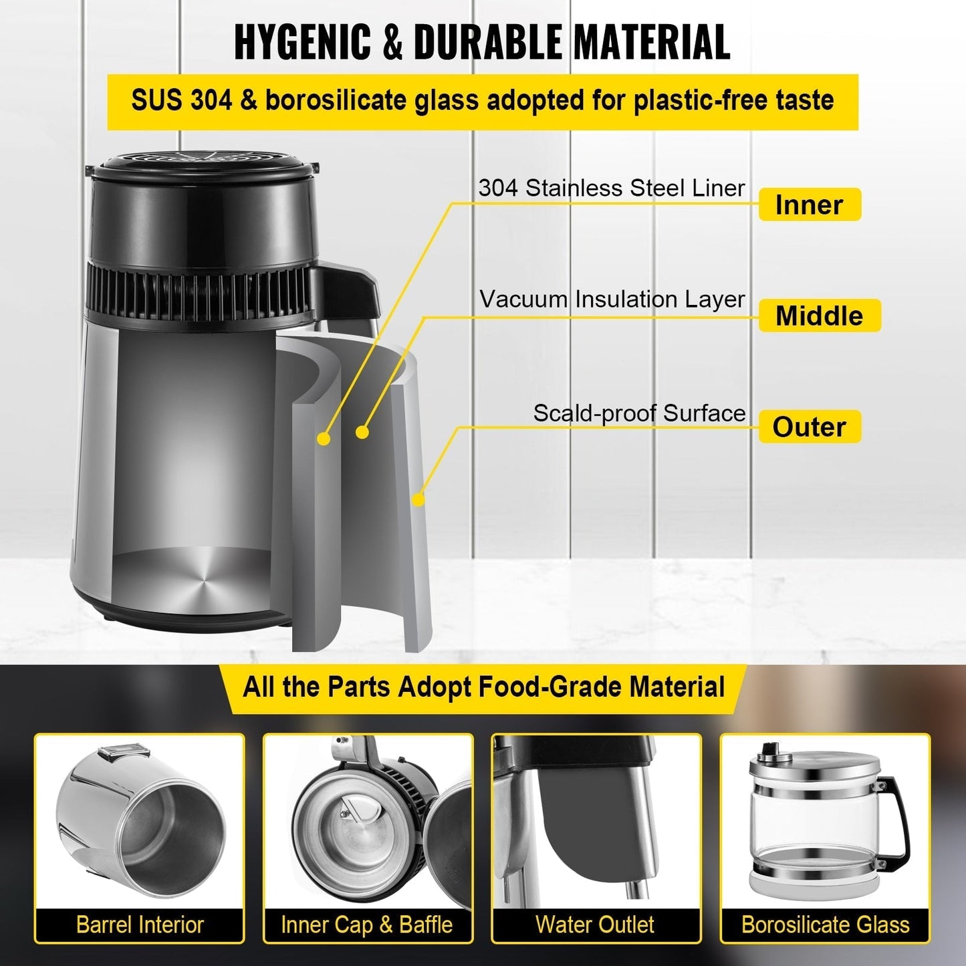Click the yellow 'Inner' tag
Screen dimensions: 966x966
coord(809,205)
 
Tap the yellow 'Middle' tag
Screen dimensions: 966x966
coord(819,316)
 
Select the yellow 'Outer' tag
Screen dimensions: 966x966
coord(809,427)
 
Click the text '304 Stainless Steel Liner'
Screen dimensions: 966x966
coord(611,188)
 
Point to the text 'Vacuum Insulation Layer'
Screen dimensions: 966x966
coord(612,299)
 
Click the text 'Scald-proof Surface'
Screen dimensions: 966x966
coord(639,413)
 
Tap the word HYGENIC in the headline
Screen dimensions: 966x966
coord(301,41)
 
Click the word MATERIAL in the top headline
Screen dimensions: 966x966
coord(651,41)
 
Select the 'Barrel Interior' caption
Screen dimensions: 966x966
coord(140,925)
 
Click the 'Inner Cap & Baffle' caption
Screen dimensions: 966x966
coord(367,925)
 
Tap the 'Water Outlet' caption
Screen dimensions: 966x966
coord(595,925)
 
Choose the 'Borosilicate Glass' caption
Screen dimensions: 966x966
coord(825,925)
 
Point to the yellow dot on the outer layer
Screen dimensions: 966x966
coord(418,499)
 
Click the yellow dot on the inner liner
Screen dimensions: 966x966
coord(324,439)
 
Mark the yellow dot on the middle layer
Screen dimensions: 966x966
coord(362,432)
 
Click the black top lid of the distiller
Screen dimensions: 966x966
coord(201,166)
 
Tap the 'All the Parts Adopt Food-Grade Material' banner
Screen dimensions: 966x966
coord(483,687)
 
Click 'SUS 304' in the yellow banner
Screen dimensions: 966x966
coord(181,101)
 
